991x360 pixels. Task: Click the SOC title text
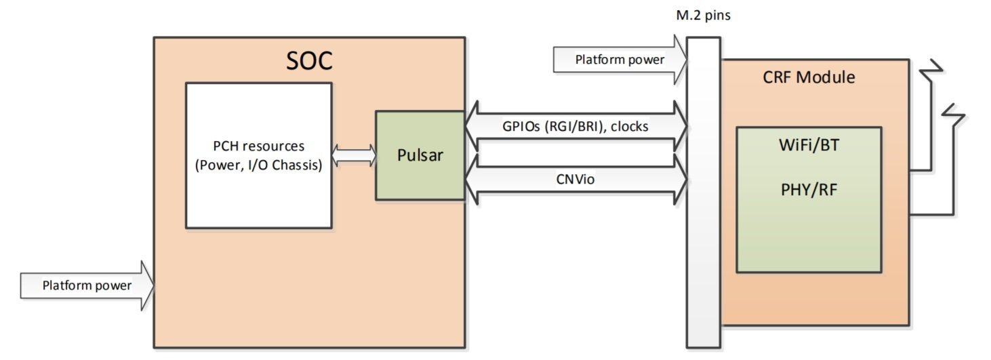click(309, 61)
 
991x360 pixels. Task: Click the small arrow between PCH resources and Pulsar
click(354, 155)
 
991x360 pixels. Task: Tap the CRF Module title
click(809, 77)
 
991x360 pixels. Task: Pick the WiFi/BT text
click(809, 146)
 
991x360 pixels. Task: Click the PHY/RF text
click(809, 189)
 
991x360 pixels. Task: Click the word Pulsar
click(420, 155)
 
